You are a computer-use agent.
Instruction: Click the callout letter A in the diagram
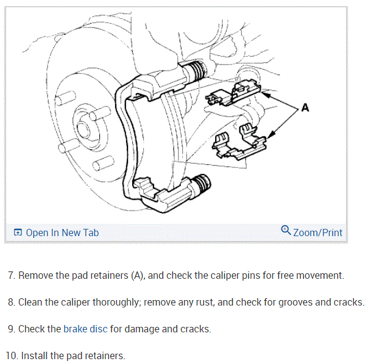305,108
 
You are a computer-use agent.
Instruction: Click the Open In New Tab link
62,233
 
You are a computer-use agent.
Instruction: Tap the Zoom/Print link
317,233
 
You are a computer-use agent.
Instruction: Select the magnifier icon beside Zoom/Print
286,231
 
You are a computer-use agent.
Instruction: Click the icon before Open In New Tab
18,233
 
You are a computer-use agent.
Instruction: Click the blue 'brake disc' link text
85,329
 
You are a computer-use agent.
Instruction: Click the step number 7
11,275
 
